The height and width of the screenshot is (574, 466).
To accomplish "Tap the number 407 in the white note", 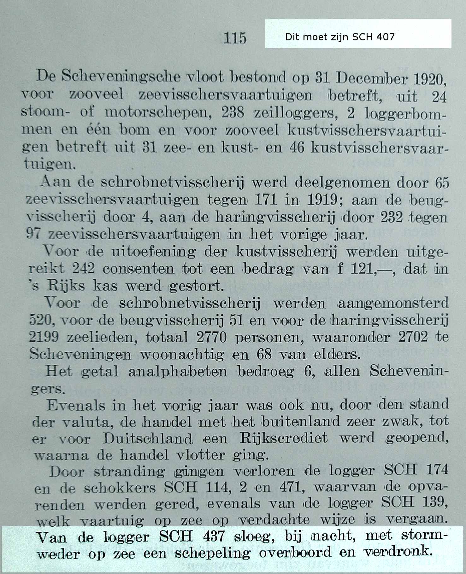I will tap(385, 37).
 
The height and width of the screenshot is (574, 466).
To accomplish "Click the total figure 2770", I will tap(211, 338).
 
